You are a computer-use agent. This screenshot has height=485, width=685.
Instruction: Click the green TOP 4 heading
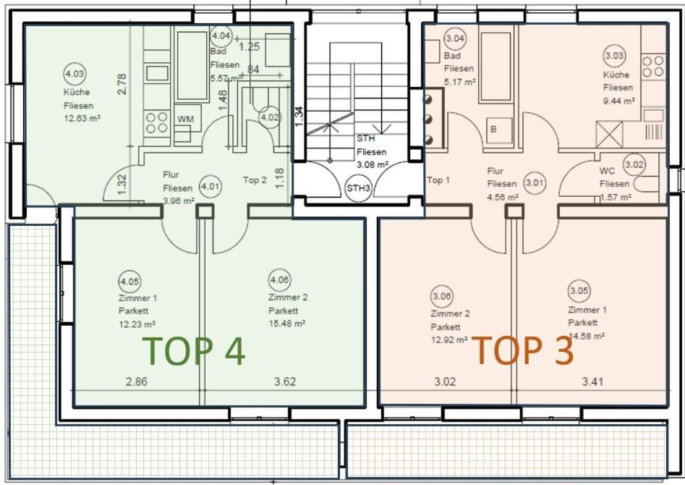195,350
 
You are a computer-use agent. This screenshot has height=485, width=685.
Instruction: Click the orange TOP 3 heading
523,350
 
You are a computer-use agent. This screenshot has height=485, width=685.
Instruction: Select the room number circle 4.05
130,281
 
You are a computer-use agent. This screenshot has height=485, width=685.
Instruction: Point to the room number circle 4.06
279,280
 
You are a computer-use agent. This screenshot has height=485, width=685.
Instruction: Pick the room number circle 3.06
441,296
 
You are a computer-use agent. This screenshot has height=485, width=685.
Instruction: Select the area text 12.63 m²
80,118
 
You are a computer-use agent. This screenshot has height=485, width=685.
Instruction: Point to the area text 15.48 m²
287,324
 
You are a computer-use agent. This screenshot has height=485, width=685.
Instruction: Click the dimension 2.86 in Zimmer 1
136,381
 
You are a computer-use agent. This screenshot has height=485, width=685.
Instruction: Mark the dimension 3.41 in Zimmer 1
593,381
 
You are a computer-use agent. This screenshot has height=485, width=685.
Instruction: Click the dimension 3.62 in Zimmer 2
285,381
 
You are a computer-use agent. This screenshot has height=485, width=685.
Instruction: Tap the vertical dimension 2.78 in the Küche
122,85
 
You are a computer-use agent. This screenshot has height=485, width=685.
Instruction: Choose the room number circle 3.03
614,56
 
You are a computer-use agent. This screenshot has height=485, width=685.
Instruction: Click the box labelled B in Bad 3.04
494,130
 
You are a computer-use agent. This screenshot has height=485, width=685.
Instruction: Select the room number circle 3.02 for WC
634,165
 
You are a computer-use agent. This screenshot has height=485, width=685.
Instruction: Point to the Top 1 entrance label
438,180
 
